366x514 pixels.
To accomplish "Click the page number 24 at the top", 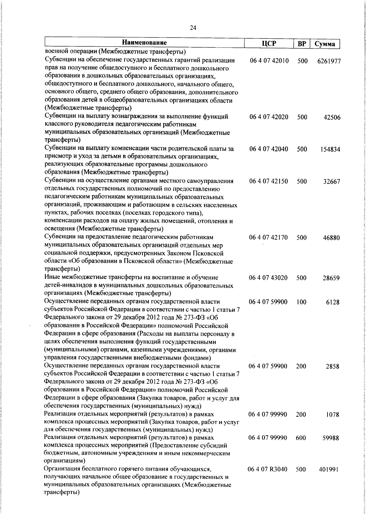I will pos(193,28).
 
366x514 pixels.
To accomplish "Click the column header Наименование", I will pos(145,43).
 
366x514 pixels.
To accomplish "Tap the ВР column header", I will pos(301,44).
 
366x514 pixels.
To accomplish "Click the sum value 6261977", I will pos(329,70).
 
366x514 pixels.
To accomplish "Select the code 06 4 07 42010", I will pos(269,69).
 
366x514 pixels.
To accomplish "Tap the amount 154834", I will pos(330,150).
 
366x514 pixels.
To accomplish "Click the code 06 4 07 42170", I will pos(268,237).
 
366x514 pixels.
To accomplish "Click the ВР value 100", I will pos(301,302).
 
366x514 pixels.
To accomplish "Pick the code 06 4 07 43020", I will pos(268,278).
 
